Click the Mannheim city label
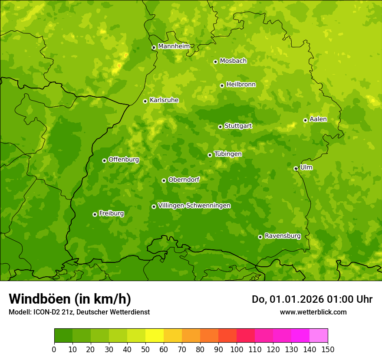(174, 46)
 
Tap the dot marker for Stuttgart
(220, 127)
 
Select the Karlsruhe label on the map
(164, 100)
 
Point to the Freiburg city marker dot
(95, 214)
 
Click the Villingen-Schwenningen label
(194, 206)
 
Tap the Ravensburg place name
(282, 236)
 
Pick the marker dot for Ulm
(296, 168)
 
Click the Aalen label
(318, 119)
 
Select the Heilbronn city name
(240, 84)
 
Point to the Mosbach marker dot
(215, 62)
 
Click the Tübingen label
(227, 154)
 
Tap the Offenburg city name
(123, 159)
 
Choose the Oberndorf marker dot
(164, 180)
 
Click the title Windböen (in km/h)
(69, 299)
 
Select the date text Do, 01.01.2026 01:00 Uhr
(312, 299)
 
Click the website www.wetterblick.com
(313, 312)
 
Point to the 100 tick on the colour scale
(237, 349)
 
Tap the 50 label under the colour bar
(145, 349)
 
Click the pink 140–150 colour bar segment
(318, 336)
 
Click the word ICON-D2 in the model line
(45, 312)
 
